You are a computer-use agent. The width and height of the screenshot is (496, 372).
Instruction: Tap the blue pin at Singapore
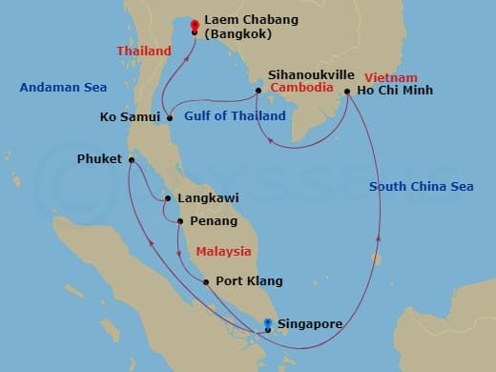268,323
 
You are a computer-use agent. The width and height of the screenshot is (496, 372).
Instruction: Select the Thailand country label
143,51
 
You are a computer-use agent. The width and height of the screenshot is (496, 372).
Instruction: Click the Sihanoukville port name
311,73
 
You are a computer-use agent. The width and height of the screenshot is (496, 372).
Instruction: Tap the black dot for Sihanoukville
258,92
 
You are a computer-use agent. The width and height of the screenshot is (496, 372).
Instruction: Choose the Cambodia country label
302,88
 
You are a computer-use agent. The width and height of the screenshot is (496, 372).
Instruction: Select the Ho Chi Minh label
394,91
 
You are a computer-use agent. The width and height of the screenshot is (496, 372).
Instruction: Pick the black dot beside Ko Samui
170,118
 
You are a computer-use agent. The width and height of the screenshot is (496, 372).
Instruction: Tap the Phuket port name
98,159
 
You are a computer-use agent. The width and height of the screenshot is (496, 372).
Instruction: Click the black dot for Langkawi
168,198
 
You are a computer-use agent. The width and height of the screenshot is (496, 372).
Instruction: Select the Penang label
214,221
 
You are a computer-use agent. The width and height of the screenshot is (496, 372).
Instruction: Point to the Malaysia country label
223,252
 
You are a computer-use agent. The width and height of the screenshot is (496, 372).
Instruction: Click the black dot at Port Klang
206,282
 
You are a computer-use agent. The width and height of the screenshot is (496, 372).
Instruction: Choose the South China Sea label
421,187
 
